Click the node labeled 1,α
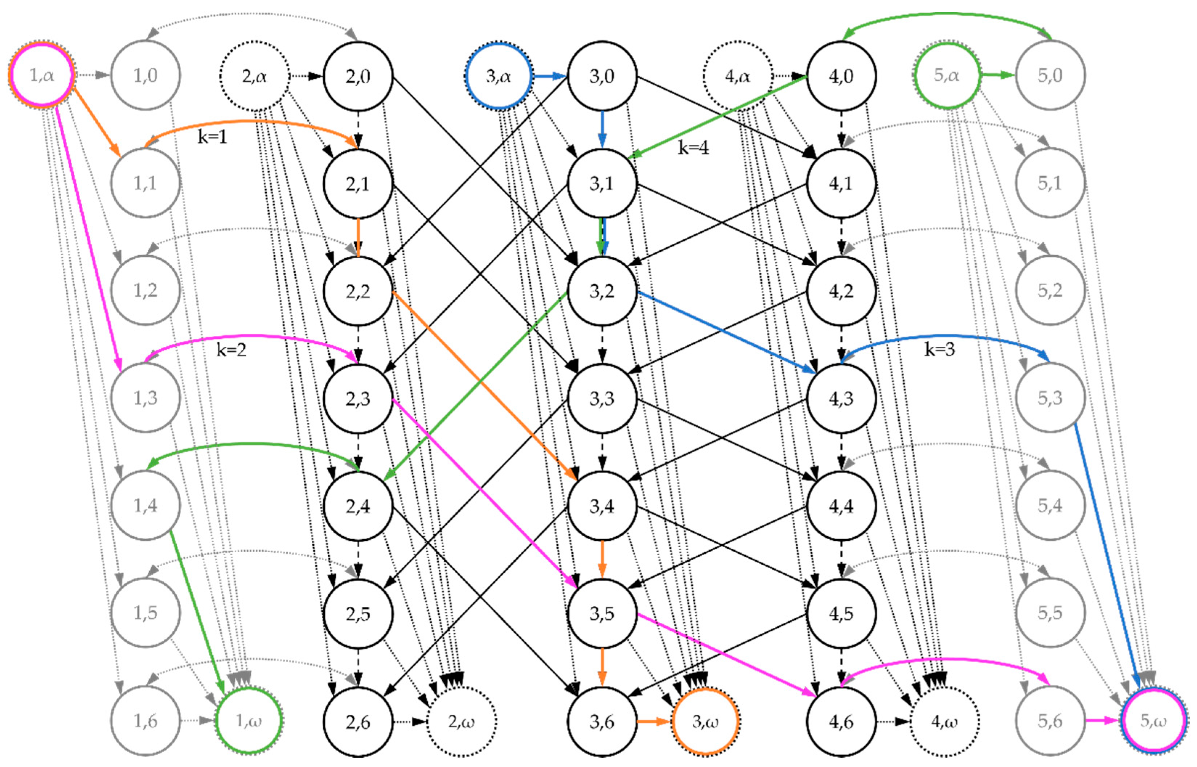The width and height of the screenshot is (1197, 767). tap(42, 75)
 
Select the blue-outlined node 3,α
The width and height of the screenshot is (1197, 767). tap(498, 76)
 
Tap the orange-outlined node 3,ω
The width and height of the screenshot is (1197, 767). tap(705, 721)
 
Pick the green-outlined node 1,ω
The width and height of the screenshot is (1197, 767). tap(249, 721)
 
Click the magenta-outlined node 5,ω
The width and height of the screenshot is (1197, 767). tap(1153, 720)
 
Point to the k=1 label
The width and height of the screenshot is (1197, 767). tap(212, 136)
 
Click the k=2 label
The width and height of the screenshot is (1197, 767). tap(231, 350)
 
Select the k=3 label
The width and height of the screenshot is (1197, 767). tap(939, 349)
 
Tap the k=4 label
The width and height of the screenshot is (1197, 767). tap(693, 148)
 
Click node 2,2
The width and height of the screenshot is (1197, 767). tap(358, 291)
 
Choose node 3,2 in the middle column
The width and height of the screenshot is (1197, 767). tap(602, 291)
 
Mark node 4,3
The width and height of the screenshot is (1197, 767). tap(841, 399)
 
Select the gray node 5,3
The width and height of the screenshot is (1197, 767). tap(1050, 398)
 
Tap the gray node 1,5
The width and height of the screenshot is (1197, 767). tap(145, 613)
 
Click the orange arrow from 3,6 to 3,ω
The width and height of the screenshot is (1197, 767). tap(654, 721)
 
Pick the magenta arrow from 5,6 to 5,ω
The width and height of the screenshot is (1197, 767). tap(1102, 721)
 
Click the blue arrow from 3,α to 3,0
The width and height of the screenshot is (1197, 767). tap(549, 76)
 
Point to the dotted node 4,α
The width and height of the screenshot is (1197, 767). tap(738, 76)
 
